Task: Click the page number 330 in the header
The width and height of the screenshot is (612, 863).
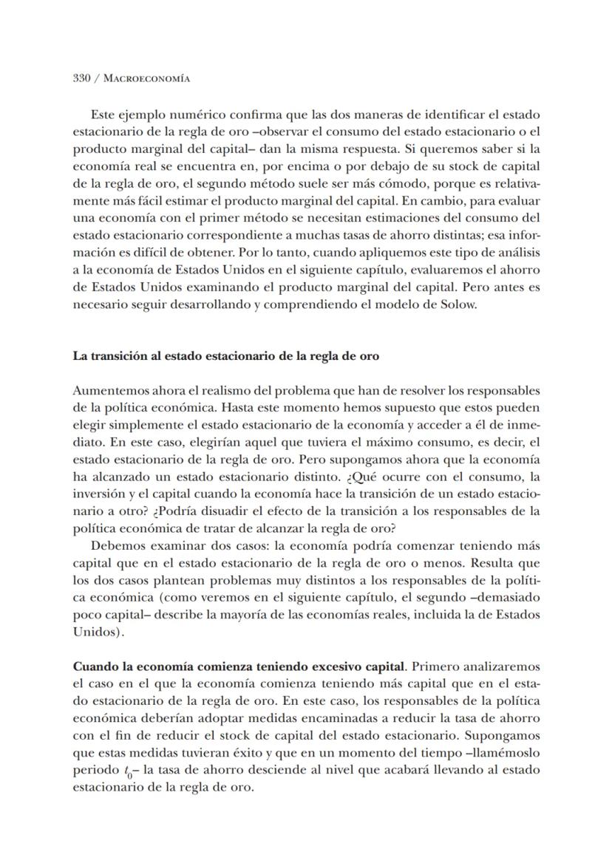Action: (x=81, y=78)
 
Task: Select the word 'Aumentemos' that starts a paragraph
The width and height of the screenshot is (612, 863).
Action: (x=104, y=390)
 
